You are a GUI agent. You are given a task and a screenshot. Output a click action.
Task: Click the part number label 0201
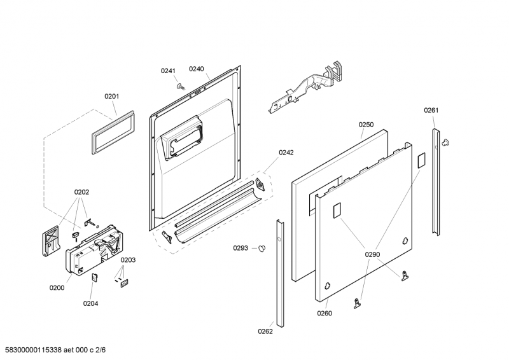pos(112,97)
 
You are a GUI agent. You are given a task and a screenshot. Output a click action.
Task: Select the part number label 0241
pos(167,71)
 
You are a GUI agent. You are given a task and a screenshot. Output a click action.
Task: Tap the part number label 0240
pos(196,69)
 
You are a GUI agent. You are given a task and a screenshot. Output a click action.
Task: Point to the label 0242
pos(286,153)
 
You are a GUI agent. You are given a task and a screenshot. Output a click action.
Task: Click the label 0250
pos(366,125)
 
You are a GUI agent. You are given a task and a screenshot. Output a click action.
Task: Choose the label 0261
pos(431,111)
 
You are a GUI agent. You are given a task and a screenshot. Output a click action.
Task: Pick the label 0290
pos(372,254)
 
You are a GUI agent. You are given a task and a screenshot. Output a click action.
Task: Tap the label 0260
pos(324,313)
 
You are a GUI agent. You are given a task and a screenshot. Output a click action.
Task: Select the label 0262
pos(265,331)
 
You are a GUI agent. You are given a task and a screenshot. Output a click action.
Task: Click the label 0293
pos(241,248)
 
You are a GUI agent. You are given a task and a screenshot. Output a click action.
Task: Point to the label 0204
pos(90,303)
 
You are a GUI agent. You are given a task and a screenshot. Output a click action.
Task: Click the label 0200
pos(57,287)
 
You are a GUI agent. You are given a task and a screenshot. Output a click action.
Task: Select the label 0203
pos(128,260)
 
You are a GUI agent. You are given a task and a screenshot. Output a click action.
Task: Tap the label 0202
pos(81,191)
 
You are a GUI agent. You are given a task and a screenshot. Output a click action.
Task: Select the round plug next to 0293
pos(261,249)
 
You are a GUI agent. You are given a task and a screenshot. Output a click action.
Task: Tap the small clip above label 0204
pos(94,277)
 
